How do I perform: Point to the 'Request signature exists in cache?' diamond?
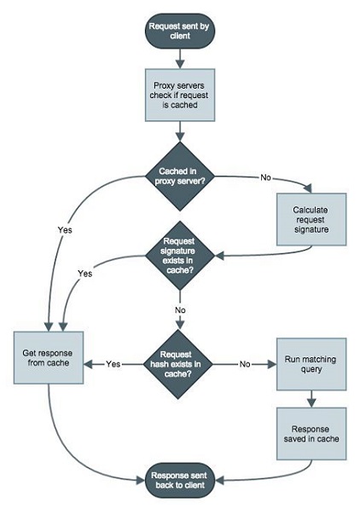pyautogui.click(x=179, y=253)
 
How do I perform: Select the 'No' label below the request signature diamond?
pyautogui.click(x=180, y=309)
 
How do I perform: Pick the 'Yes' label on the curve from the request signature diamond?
pyautogui.click(x=84, y=274)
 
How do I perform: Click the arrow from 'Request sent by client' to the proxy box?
pyautogui.click(x=179, y=57)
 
